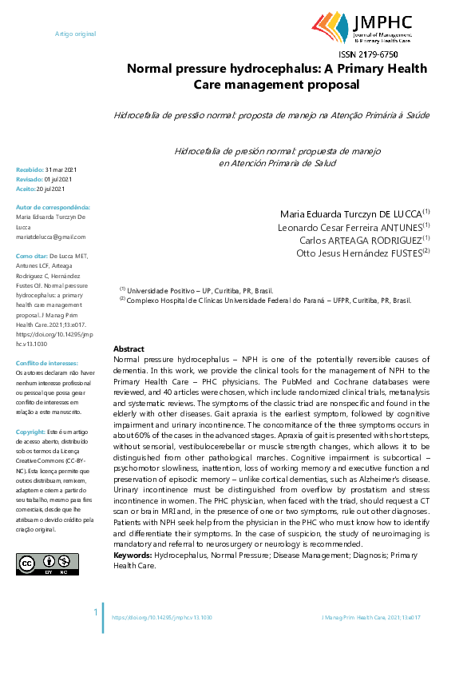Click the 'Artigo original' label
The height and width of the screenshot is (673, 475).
coord(75,34)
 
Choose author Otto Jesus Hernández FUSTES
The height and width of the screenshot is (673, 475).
coord(362,253)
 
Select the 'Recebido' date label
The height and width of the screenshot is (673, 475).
coord(30,169)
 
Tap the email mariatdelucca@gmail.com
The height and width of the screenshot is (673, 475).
coord(51,237)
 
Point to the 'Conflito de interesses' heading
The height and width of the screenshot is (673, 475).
coord(47,363)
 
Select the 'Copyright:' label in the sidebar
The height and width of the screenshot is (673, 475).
coord(30,432)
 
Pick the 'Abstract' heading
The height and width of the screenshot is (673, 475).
coord(129,349)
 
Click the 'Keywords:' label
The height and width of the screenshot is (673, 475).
coord(133,554)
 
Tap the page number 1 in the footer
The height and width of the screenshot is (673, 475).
coord(97,612)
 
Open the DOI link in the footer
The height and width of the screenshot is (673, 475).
coord(161,618)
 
